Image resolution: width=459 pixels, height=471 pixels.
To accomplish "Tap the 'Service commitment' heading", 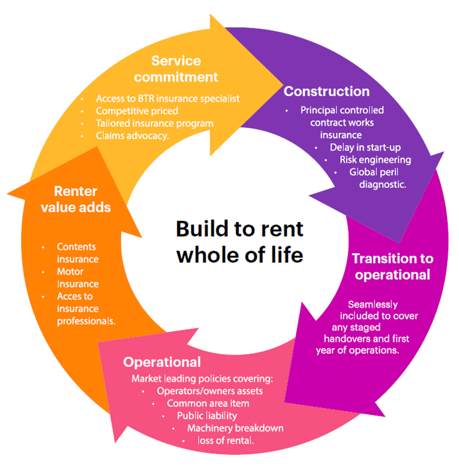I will click(176, 69).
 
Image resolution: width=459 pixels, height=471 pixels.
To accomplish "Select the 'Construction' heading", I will click(326, 91).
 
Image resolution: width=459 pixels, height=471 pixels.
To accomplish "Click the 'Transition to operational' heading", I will click(392, 266).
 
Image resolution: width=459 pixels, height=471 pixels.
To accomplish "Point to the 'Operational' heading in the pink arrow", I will click(162, 362).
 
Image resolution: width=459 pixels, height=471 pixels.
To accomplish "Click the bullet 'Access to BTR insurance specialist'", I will click(167, 98).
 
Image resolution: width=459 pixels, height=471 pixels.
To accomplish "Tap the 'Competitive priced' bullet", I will click(137, 111).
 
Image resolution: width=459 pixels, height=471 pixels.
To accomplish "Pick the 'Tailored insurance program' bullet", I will click(155, 123).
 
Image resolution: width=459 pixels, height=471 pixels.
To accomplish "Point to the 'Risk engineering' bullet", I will click(375, 160).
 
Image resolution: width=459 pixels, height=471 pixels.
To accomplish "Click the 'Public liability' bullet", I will click(207, 415).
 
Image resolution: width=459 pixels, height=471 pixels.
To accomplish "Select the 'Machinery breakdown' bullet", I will click(235, 428).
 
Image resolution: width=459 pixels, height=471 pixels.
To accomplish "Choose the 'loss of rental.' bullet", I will click(225, 440).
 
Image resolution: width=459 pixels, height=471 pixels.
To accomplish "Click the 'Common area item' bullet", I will click(208, 403).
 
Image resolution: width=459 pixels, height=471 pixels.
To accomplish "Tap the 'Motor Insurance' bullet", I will click(78, 278).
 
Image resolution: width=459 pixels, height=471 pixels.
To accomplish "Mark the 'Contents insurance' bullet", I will click(78, 253).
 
